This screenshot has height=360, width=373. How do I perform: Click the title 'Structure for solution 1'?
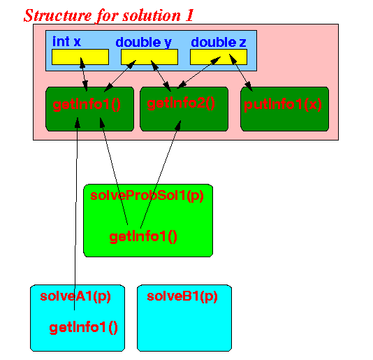tap(109, 15)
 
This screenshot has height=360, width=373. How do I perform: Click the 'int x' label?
tap(66, 41)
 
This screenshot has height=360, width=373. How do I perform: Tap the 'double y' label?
tap(143, 43)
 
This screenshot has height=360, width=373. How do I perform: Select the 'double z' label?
tap(219, 42)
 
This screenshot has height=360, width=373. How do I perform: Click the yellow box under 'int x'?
tap(80, 57)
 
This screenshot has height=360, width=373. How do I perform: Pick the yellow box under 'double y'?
tap(149, 57)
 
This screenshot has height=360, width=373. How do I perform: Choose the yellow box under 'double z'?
tap(219, 57)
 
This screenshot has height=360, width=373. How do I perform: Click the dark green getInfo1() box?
tap(89, 109)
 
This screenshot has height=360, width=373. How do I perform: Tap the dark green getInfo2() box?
tap(184, 109)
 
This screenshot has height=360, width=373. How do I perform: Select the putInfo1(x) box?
tap(285, 109)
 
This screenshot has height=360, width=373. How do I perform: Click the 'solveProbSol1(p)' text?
tap(147, 196)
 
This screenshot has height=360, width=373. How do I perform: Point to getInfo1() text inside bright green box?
tap(143, 237)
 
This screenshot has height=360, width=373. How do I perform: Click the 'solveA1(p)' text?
tap(75, 296)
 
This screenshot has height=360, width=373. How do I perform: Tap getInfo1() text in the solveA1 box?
tap(84, 328)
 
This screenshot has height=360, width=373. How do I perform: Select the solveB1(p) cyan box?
tap(184, 318)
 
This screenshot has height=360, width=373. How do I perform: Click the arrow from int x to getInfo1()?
tap(84, 74)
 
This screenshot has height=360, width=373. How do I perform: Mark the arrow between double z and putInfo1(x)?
tap(240, 73)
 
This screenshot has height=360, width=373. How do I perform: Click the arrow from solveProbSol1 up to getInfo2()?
tap(161, 173)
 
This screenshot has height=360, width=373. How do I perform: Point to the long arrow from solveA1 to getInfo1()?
tap(76, 214)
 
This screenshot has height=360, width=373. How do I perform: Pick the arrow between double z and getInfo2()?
tap(198, 73)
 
